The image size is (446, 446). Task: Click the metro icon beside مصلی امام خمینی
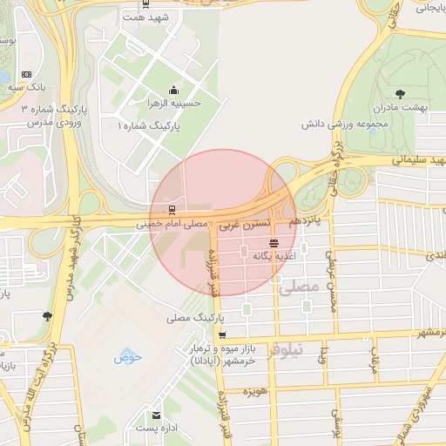171,209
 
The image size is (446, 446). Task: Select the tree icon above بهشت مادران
400,93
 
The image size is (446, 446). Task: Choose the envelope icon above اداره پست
156,415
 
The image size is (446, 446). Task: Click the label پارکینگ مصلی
189,318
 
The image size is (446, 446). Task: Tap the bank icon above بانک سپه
25,74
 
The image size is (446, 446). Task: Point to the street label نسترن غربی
240,224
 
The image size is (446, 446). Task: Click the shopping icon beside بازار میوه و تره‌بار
223,335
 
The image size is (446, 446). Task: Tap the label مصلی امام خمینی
172,224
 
